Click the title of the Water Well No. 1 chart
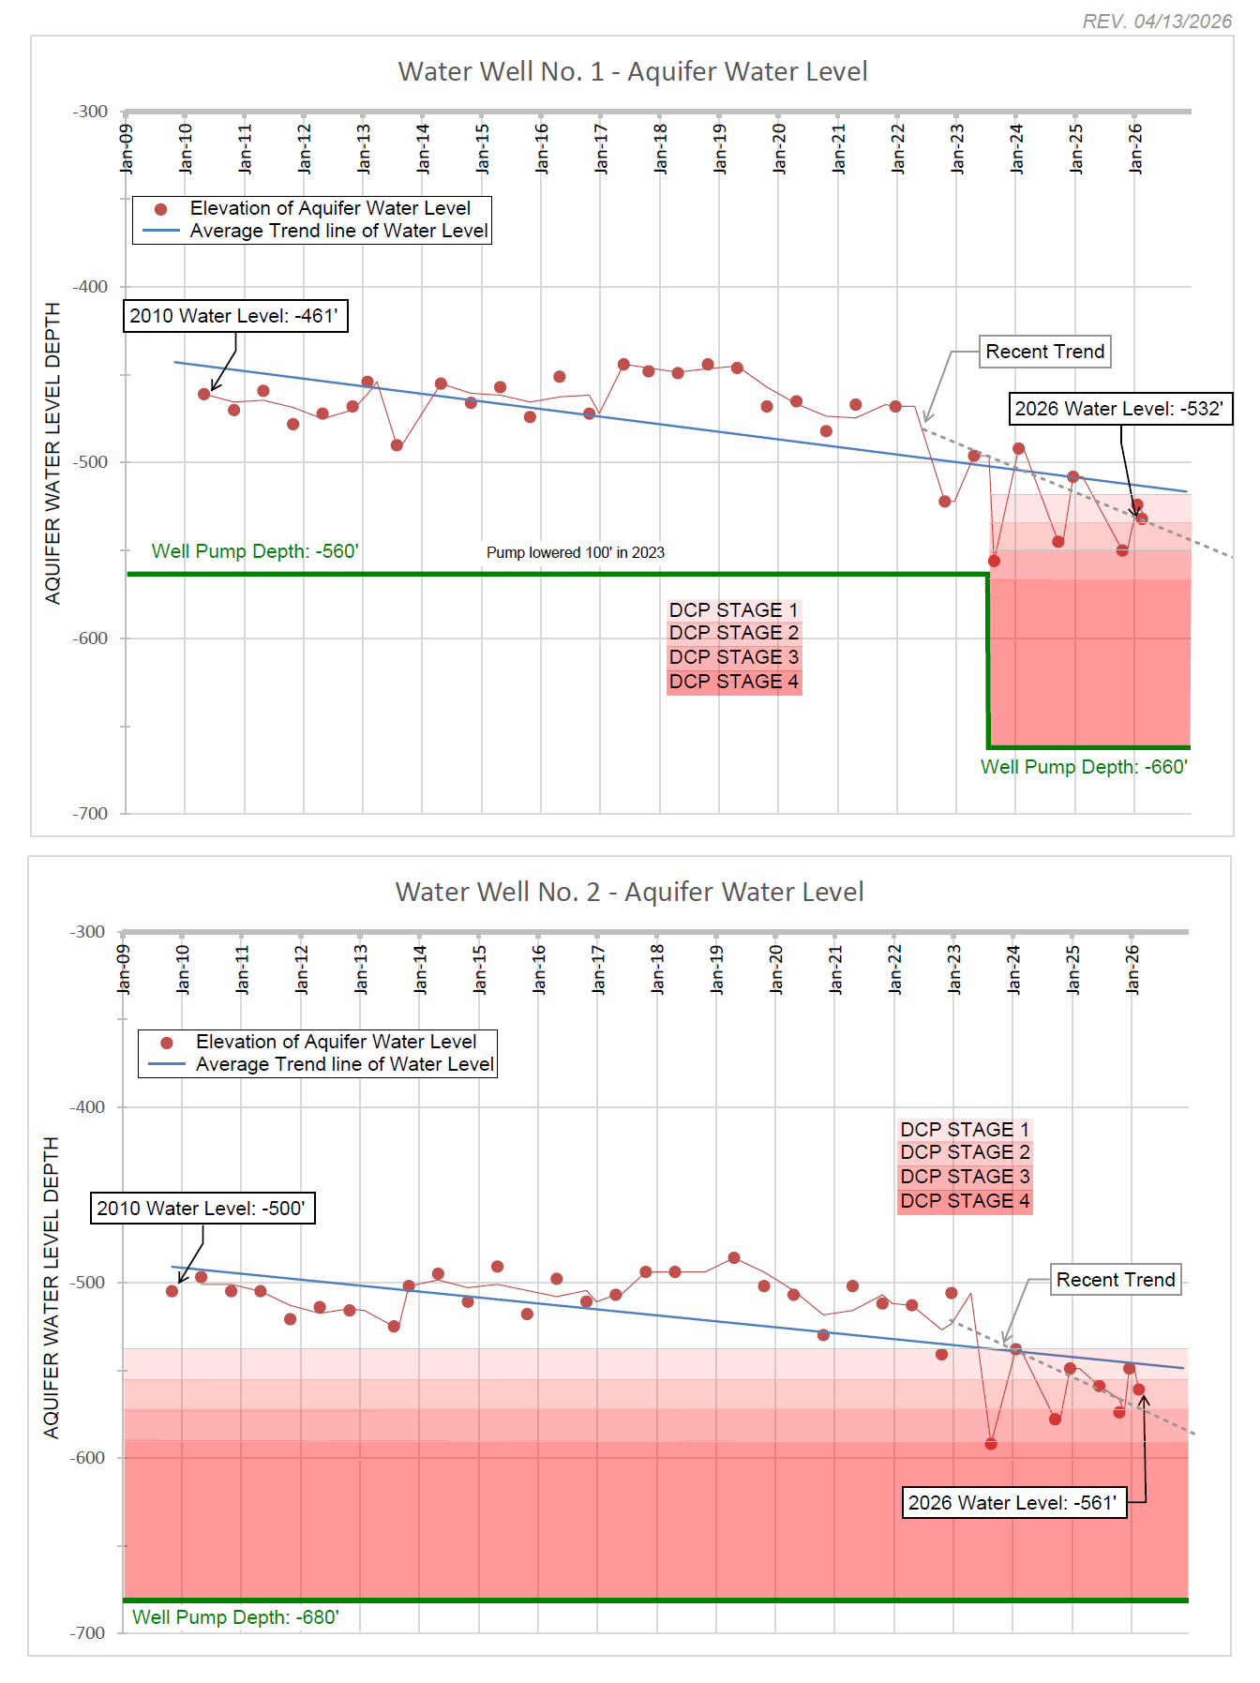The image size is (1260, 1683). pyautogui.click(x=633, y=72)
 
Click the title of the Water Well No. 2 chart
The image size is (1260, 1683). pyautogui.click(x=629, y=893)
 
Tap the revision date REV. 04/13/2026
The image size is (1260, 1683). pyautogui.click(x=1157, y=22)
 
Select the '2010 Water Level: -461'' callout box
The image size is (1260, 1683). pyautogui.click(x=234, y=316)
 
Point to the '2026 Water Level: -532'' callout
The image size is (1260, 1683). pyautogui.click(x=1119, y=409)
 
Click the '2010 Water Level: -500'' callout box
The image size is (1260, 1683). pyautogui.click(x=202, y=1209)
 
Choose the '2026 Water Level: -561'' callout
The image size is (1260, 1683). pyautogui.click(x=1012, y=1503)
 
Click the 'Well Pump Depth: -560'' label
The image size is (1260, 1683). pyautogui.click(x=255, y=551)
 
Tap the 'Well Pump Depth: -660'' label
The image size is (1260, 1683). pyautogui.click(x=1084, y=767)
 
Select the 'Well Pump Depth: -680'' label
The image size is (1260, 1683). pyautogui.click(x=235, y=1617)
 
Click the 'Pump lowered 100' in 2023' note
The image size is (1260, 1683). pyautogui.click(x=576, y=553)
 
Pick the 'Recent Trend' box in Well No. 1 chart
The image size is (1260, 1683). pyautogui.click(x=1045, y=352)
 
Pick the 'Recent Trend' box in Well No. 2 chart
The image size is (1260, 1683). pyautogui.click(x=1116, y=1280)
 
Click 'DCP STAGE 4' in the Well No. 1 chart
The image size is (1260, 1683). pyautogui.click(x=734, y=682)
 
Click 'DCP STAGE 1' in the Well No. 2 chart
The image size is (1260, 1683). pyautogui.click(x=965, y=1130)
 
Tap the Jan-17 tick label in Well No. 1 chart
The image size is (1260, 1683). pyautogui.click(x=601, y=149)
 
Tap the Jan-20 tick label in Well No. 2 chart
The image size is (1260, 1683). pyautogui.click(x=776, y=969)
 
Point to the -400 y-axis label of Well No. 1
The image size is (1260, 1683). pyautogui.click(x=91, y=287)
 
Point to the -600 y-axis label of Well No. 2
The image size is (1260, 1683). pyautogui.click(x=88, y=1458)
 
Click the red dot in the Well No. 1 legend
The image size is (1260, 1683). pyautogui.click(x=161, y=209)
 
